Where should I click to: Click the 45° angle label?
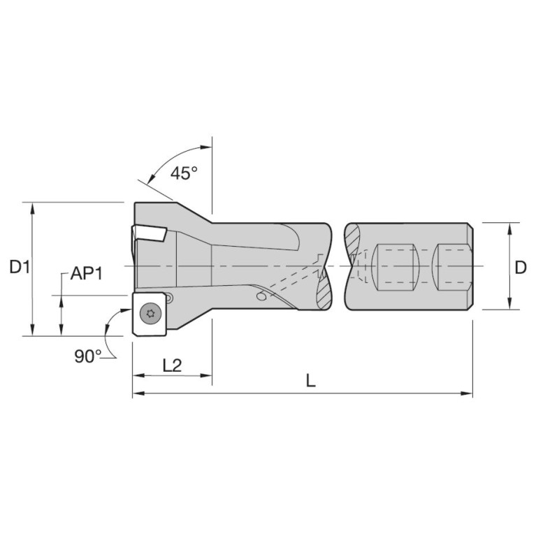184,173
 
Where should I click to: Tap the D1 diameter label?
20,267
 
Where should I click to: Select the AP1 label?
87,273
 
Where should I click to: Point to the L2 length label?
172,365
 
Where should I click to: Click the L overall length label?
310,380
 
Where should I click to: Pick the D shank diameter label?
520,268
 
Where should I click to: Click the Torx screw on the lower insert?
150,313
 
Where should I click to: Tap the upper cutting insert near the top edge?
149,234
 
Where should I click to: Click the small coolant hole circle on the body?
261,296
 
